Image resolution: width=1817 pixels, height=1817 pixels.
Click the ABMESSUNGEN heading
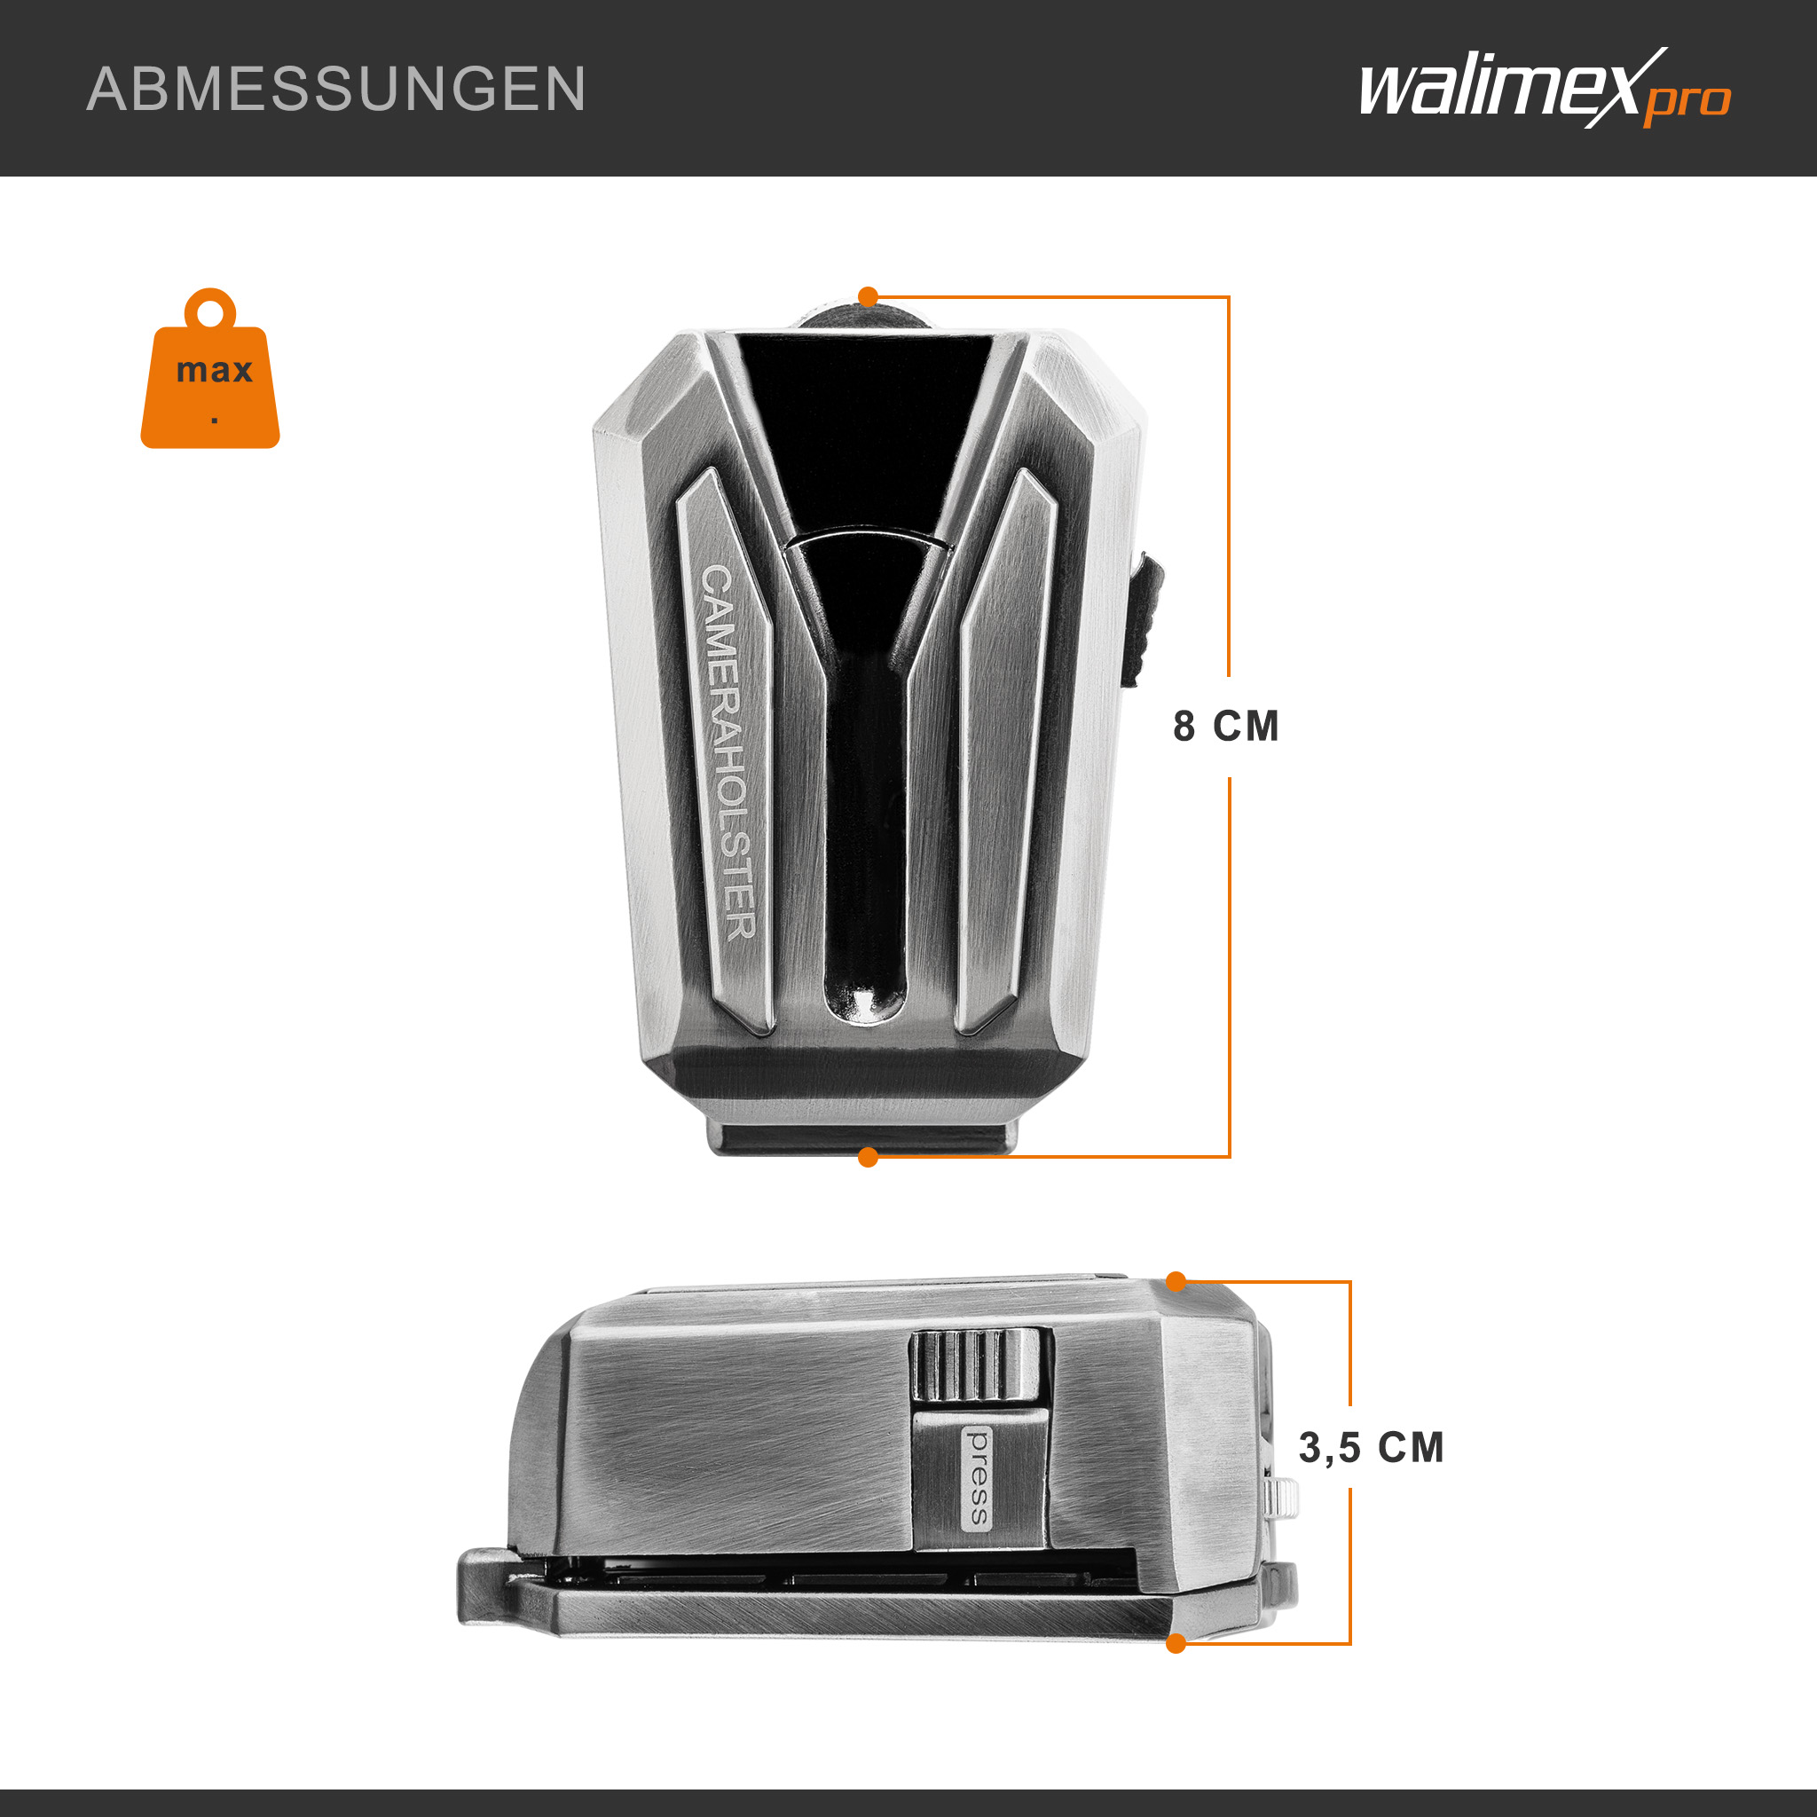(x=335, y=90)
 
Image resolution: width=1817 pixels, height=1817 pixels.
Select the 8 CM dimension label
(x=1225, y=726)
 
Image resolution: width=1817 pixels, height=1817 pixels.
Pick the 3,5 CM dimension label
(x=1370, y=1447)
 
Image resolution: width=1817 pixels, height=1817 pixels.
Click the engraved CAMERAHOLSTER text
(x=728, y=752)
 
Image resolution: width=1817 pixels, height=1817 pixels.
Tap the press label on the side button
(x=978, y=1477)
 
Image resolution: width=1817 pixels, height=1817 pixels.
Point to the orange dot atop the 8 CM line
(x=868, y=297)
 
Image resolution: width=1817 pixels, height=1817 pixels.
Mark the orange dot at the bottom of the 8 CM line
(x=868, y=1158)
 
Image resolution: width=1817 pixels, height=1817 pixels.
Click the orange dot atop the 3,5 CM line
(x=1176, y=1281)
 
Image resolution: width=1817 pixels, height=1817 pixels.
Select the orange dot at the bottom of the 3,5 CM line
(x=1176, y=1644)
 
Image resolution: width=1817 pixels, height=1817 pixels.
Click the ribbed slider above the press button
(x=975, y=1365)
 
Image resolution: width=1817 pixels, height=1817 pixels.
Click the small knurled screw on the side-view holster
(x=1283, y=1498)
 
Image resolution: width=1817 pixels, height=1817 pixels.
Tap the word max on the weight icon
(x=215, y=370)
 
